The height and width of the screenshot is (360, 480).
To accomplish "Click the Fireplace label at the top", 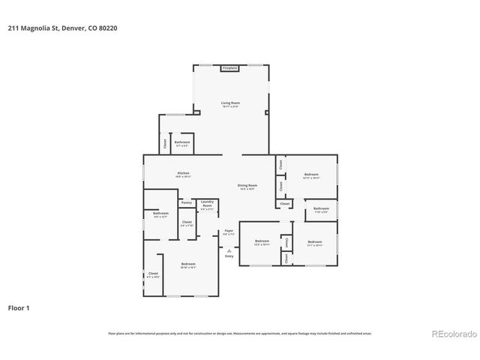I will (230, 68).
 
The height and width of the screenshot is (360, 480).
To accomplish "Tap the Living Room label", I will (230, 103).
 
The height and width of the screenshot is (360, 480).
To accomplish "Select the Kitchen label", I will (184, 175).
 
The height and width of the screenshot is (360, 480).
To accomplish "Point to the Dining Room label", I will (247, 187).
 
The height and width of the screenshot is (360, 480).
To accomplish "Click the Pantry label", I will (187, 202).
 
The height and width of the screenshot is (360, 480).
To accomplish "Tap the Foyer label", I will (229, 232).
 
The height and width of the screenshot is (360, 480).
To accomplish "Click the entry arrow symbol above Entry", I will (229, 250).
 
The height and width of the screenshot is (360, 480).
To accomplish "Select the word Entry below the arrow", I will (229, 257).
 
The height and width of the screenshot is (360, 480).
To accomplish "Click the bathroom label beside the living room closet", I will (182, 142).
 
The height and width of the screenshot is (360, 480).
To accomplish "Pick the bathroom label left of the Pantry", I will (160, 214).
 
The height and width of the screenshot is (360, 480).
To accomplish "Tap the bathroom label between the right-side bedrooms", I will (321, 209).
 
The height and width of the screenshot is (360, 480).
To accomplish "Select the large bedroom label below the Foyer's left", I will (188, 265).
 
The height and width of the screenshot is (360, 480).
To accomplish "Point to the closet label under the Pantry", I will (187, 223).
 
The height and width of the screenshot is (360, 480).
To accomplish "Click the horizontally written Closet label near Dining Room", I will (285, 203).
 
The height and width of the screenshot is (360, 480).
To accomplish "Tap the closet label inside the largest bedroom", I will (153, 274).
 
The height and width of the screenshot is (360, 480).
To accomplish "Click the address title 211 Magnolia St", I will (64, 28).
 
